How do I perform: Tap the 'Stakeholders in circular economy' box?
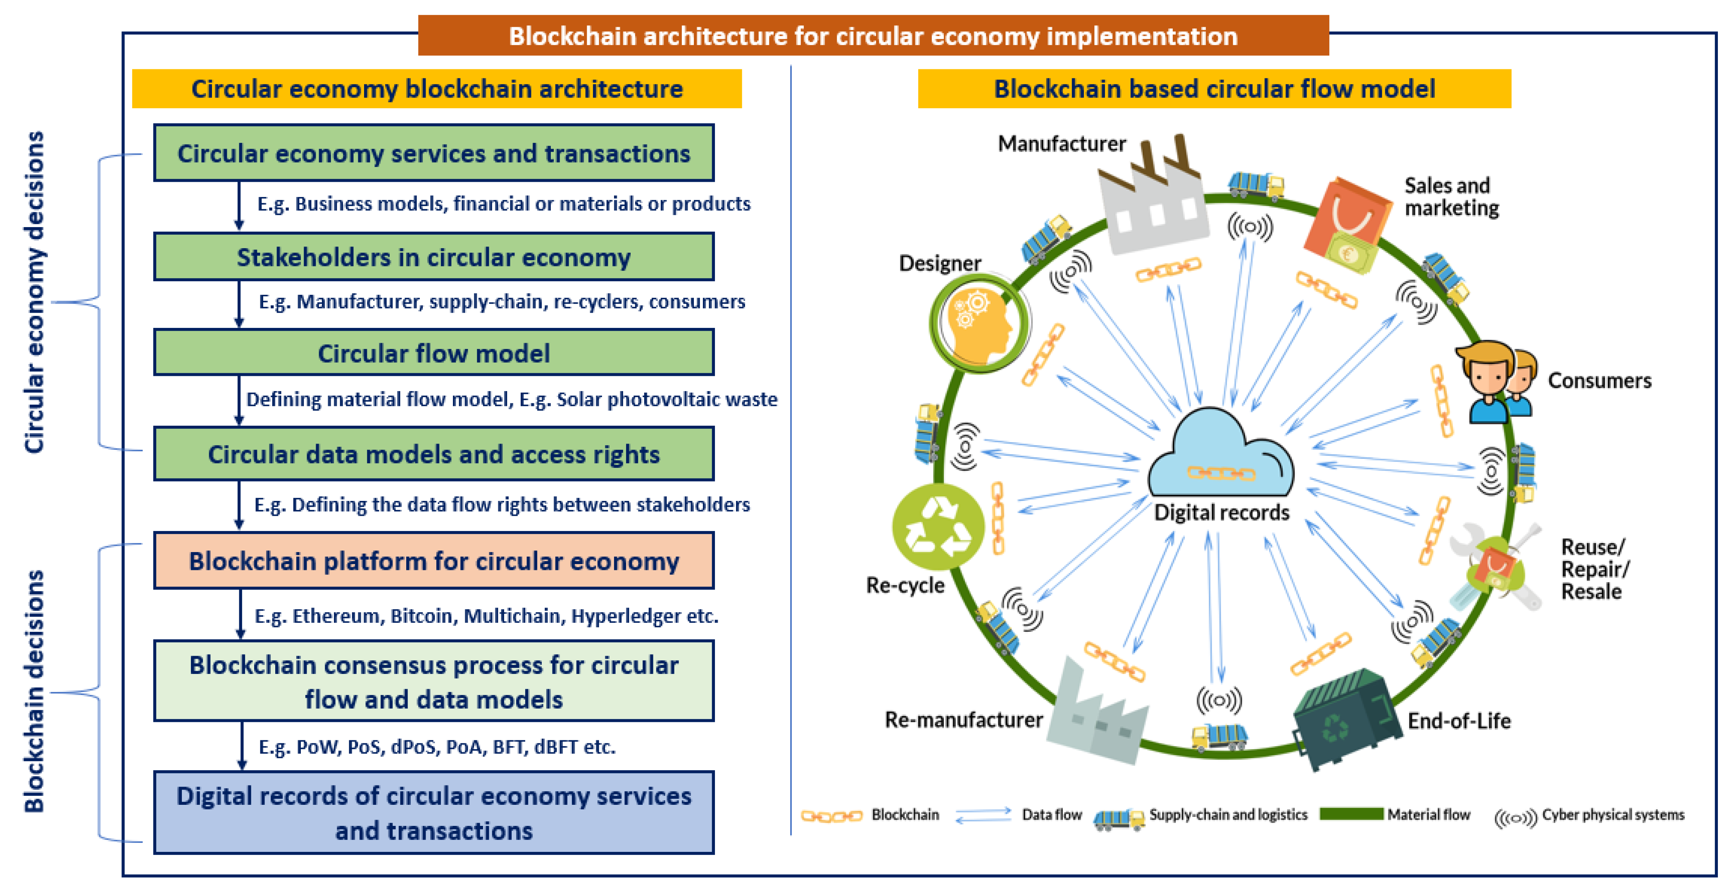tap(433, 257)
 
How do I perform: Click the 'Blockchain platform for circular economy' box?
tap(433, 561)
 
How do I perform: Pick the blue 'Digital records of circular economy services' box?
tap(433, 813)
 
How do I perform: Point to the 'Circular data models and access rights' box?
tap(433, 454)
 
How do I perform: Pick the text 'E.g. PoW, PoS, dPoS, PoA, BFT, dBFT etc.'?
tap(437, 747)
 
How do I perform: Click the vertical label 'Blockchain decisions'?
tap(33, 691)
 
